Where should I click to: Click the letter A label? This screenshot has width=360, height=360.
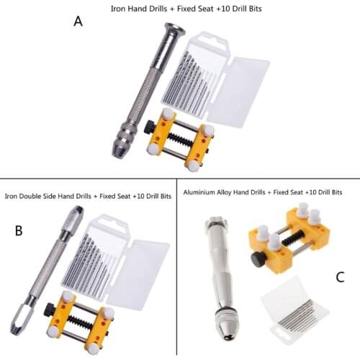coord(78,22)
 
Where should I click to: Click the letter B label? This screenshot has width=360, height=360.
coord(19,230)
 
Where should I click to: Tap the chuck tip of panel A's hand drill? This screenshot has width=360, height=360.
coord(118,149)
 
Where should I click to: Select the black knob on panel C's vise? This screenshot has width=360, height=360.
coord(257,259)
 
